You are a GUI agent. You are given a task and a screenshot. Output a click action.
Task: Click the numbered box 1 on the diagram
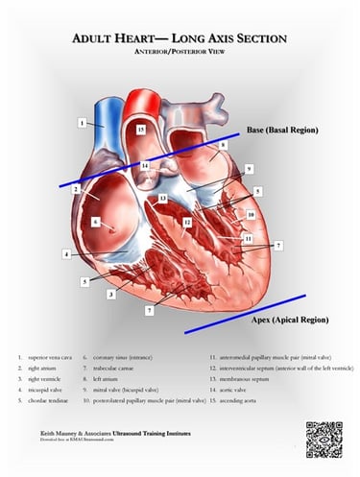pyautogui.click(x=84, y=123)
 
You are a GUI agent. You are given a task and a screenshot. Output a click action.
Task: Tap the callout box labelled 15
pyautogui.click(x=141, y=128)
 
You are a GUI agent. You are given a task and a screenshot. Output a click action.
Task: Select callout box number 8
pyautogui.click(x=223, y=145)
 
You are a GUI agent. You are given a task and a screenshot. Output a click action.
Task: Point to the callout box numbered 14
pyautogui.click(x=144, y=167)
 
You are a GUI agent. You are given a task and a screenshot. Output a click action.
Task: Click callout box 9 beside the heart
pyautogui.click(x=249, y=169)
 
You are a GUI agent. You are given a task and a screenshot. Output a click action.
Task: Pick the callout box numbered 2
pyautogui.click(x=75, y=189)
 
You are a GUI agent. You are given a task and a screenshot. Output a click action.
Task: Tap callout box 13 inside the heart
pyautogui.click(x=163, y=199)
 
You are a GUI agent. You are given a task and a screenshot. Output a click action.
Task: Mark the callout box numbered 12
pyautogui.click(x=187, y=222)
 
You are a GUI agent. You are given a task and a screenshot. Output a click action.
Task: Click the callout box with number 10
pyautogui.click(x=251, y=214)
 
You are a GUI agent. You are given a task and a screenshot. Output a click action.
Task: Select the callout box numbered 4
pyautogui.click(x=66, y=254)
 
